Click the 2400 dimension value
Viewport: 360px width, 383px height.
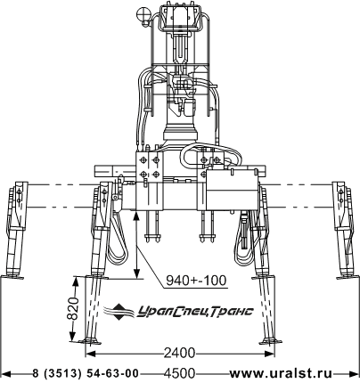pyautogui.click(x=179, y=354)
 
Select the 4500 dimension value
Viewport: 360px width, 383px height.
pyautogui.click(x=179, y=373)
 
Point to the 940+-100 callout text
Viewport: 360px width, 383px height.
pyautogui.click(x=196, y=280)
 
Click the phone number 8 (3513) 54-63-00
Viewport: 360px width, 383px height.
pyautogui.click(x=86, y=373)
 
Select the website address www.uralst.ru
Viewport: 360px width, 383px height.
pyautogui.click(x=281, y=373)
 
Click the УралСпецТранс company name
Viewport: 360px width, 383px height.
pyautogui.click(x=195, y=311)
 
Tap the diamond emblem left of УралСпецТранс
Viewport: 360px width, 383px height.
pyautogui.click(x=119, y=312)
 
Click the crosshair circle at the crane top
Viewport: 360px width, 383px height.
pyautogui.click(x=143, y=13)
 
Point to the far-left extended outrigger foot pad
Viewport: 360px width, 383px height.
pyautogui.click(x=12, y=277)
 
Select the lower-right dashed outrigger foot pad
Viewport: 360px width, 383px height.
pyautogui.click(x=271, y=342)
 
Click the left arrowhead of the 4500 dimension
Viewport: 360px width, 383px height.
pyautogui.click(x=6, y=373)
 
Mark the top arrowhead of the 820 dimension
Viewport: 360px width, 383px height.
pyautogui.click(x=75, y=281)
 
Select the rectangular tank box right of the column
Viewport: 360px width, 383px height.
pyautogui.click(x=232, y=190)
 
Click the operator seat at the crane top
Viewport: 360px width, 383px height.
pyautogui.click(x=181, y=15)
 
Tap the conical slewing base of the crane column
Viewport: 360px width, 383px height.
pyautogui.click(x=181, y=131)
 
